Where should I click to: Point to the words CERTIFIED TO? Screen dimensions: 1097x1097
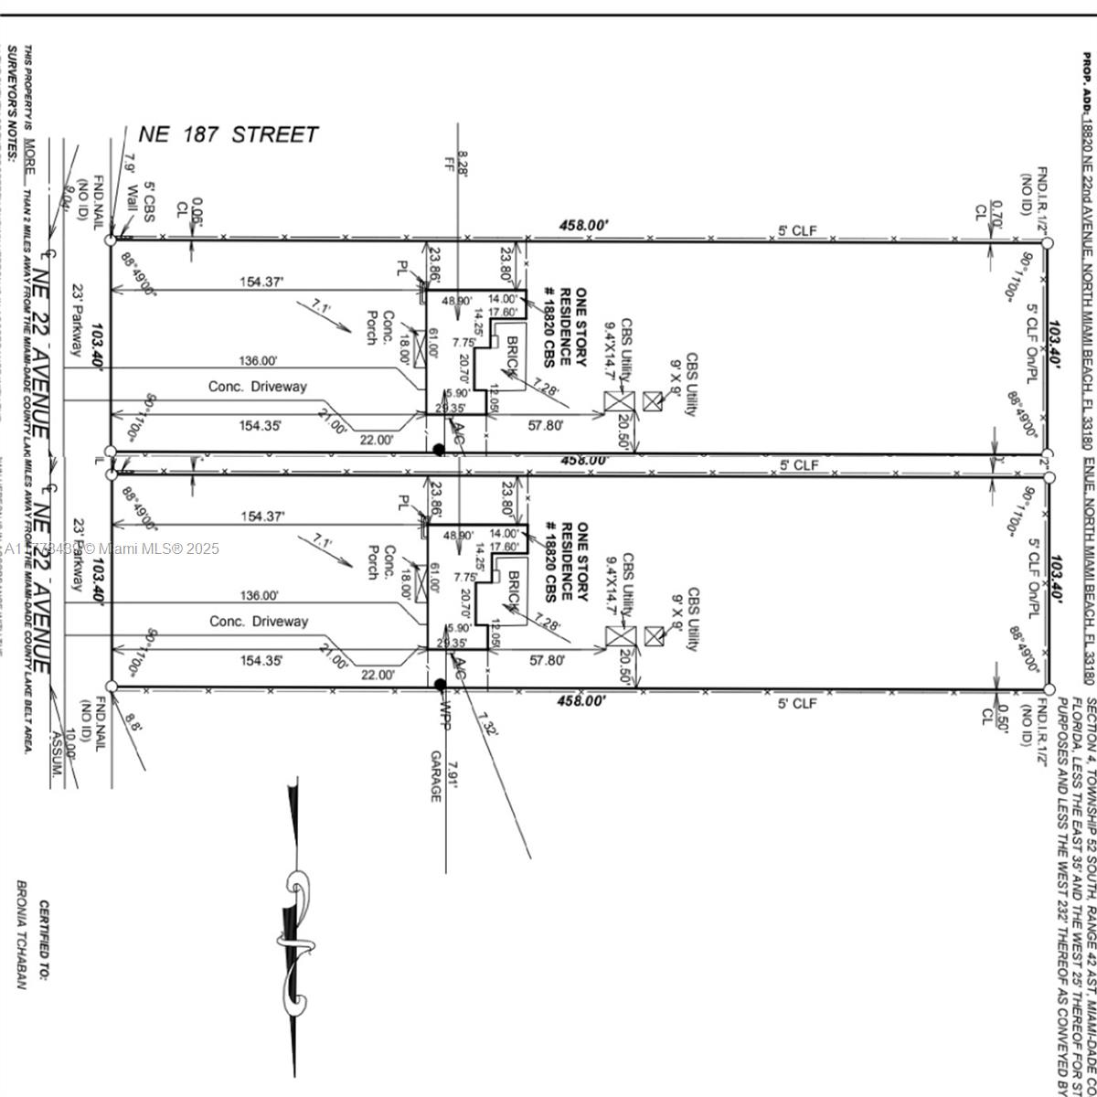(44, 960)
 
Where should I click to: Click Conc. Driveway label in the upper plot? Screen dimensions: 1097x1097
(258, 387)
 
